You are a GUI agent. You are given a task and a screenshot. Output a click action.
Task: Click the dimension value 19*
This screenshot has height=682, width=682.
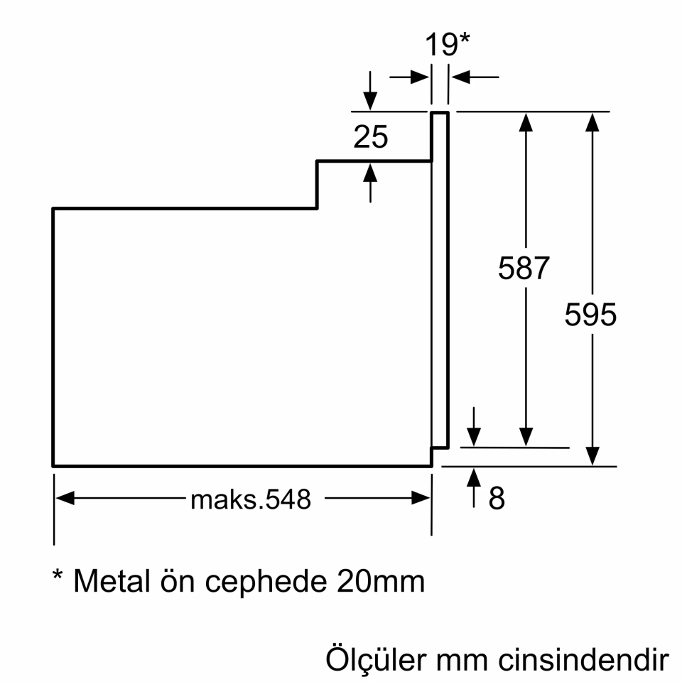tap(448, 45)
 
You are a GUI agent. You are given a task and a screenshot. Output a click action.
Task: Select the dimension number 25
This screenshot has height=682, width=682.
tap(371, 137)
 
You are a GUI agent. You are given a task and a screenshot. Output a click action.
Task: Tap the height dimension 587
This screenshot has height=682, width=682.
tap(524, 269)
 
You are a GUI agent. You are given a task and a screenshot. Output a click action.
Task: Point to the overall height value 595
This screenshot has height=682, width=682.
tap(590, 314)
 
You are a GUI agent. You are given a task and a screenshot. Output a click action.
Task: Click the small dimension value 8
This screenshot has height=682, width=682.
tap(497, 499)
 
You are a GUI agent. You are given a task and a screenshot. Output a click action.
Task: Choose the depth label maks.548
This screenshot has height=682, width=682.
tap(251, 499)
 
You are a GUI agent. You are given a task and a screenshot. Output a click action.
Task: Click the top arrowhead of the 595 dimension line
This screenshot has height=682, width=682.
tap(591, 121)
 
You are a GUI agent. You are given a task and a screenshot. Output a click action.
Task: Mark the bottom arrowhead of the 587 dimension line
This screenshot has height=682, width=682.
tap(526, 436)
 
